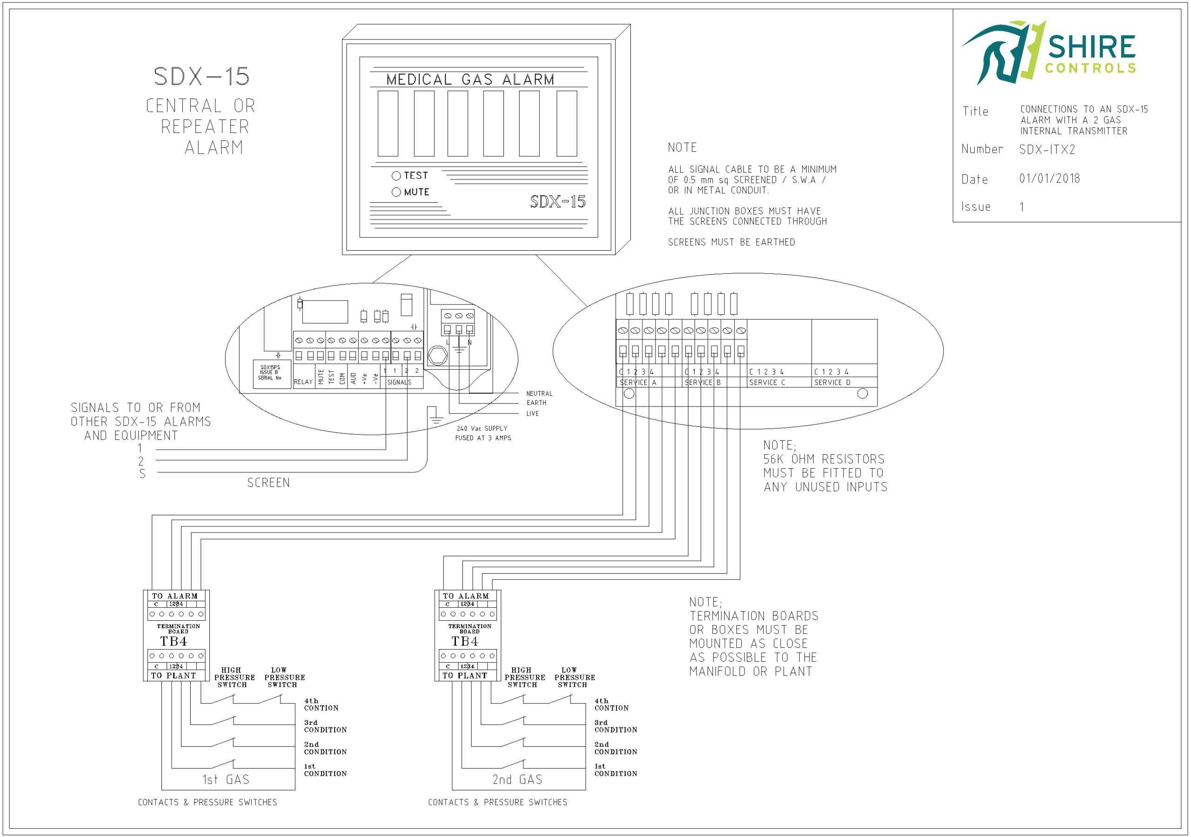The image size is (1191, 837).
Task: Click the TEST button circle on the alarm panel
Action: (x=396, y=176)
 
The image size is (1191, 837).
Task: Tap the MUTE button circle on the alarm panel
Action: (x=396, y=193)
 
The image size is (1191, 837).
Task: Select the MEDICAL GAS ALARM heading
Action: (x=470, y=80)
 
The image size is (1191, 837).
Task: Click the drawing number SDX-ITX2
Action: (x=1047, y=150)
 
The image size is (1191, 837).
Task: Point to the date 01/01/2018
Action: (x=1049, y=179)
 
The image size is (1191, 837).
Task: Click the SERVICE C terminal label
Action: (x=767, y=383)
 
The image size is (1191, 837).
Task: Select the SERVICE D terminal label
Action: (x=832, y=383)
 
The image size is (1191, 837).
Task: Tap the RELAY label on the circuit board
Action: (x=303, y=382)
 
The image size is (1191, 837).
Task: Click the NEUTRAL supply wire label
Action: (x=539, y=393)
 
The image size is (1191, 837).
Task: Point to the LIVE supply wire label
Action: (x=532, y=414)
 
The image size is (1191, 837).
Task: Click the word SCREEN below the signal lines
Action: (x=268, y=483)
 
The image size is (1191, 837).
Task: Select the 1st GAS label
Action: (x=226, y=780)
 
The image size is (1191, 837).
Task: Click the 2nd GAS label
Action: (x=517, y=780)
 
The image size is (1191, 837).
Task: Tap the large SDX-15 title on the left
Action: (x=201, y=77)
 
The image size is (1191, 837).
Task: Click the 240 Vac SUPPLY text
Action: (x=482, y=428)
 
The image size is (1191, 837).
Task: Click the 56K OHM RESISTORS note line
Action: (x=823, y=459)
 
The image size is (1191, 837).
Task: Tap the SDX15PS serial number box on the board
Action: (x=270, y=373)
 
